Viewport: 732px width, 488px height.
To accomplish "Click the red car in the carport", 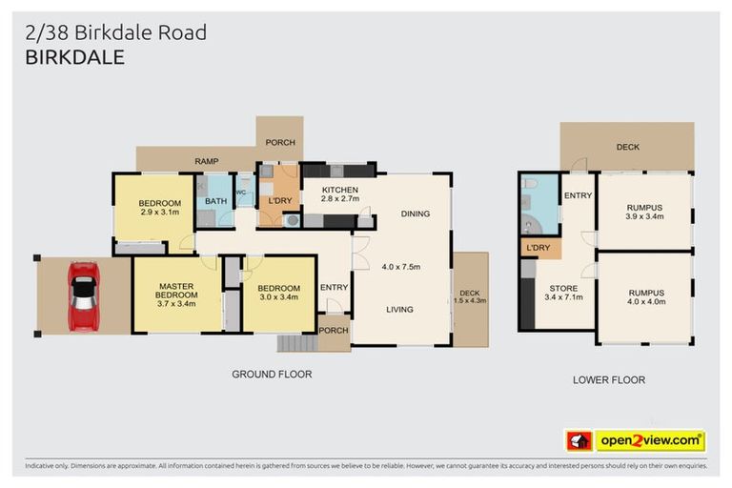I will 84,295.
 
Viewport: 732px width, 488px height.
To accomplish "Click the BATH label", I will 215,201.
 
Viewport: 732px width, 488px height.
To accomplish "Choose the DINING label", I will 415,213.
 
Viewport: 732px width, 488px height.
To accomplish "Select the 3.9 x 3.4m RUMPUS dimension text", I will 644,217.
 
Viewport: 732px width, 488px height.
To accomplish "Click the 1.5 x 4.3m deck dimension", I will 471,301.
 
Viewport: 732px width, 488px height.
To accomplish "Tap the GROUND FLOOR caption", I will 272,375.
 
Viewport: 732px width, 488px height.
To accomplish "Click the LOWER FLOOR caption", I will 608,380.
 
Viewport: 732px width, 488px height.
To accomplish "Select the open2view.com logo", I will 650,440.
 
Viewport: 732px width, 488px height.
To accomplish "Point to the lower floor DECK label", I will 627,147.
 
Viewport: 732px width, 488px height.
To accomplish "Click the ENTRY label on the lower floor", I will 578,196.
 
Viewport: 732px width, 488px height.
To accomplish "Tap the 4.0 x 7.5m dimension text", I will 400,266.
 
